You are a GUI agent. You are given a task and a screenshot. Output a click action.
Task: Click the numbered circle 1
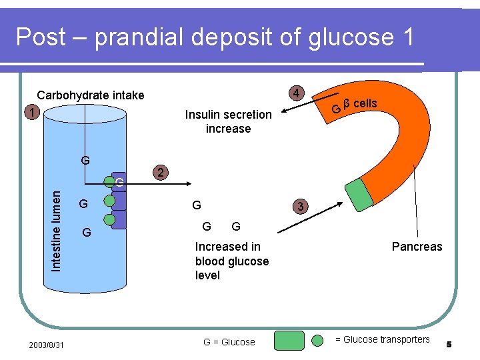pos(31,112)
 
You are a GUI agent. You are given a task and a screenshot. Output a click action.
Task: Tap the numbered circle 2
pos(160,173)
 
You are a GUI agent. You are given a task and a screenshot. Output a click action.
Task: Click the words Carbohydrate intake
pos(90,95)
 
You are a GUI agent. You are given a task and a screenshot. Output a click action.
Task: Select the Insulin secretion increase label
pos(228,121)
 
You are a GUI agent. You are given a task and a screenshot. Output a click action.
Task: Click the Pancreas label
pos(417,247)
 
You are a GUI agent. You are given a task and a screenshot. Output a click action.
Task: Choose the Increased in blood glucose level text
pos(231,261)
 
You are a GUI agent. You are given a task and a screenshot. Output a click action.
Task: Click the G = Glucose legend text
pos(229,342)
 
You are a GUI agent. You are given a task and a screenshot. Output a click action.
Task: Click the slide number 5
pos(449,344)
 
